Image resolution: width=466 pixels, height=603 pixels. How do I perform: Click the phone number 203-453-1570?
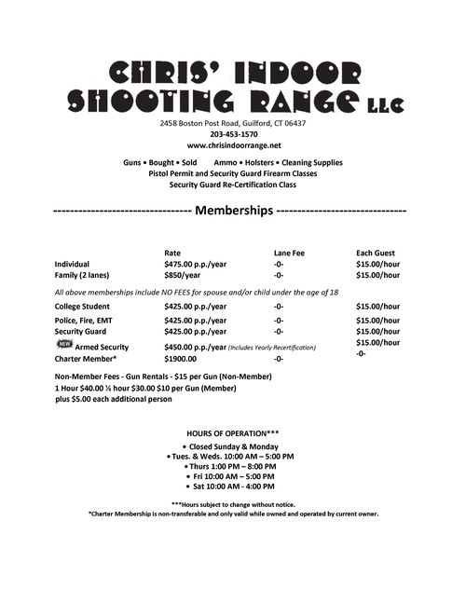pyautogui.click(x=233, y=134)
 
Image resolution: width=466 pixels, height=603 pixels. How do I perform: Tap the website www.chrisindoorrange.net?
pyautogui.click(x=233, y=146)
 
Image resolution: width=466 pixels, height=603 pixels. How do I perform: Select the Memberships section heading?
pyautogui.click(x=232, y=211)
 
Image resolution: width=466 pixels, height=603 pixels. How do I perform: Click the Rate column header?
pyautogui.click(x=172, y=253)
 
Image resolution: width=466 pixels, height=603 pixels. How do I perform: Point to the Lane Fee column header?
pyautogui.click(x=289, y=253)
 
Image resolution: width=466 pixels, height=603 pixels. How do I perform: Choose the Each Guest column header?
pyautogui.click(x=377, y=253)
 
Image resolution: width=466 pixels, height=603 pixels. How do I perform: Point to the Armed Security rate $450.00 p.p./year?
pyautogui.click(x=195, y=346)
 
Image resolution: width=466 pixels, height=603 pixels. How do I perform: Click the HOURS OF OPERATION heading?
pyautogui.click(x=232, y=432)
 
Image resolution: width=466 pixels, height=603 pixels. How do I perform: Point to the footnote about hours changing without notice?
pyautogui.click(x=232, y=503)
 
